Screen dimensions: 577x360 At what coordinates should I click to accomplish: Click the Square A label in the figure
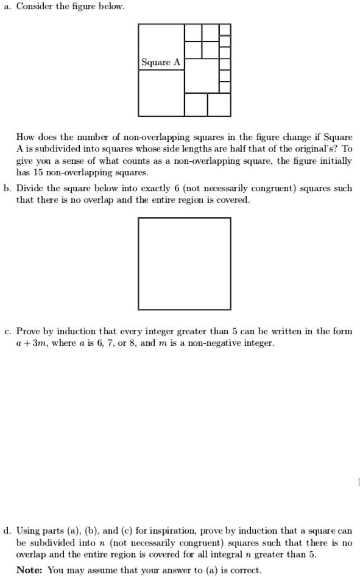161,63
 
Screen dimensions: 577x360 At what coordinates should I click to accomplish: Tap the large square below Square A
161,93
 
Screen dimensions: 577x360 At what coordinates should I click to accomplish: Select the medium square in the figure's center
201,75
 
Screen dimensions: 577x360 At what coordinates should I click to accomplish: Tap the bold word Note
28,570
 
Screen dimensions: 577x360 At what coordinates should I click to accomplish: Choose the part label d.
7,530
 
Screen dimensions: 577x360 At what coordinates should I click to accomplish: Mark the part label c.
7,332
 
